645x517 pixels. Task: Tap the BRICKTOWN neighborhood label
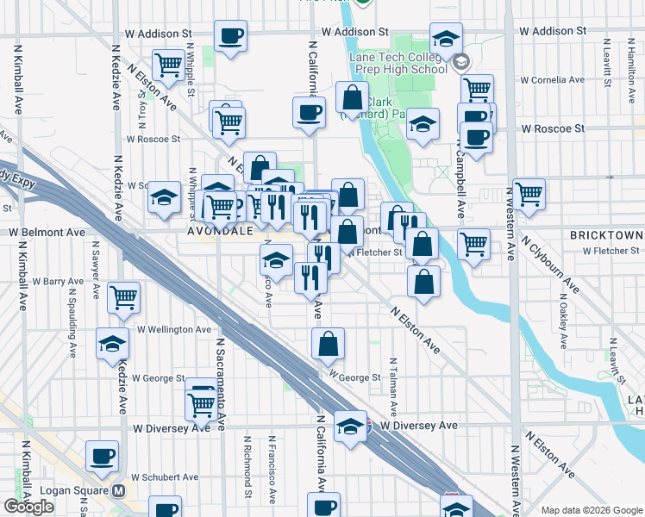pos(606,235)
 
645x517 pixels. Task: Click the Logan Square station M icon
pos(119,491)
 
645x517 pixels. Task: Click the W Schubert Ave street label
pos(165,477)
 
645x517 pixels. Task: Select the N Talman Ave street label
pos(393,387)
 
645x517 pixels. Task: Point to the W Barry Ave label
pos(58,281)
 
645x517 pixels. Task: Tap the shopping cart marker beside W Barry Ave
pos(124,297)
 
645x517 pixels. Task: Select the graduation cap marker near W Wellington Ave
pos(112,345)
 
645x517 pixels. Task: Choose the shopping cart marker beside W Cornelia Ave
pos(477,88)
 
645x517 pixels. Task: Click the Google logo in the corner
pos(29,507)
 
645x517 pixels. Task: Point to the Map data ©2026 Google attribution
pos(591,510)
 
